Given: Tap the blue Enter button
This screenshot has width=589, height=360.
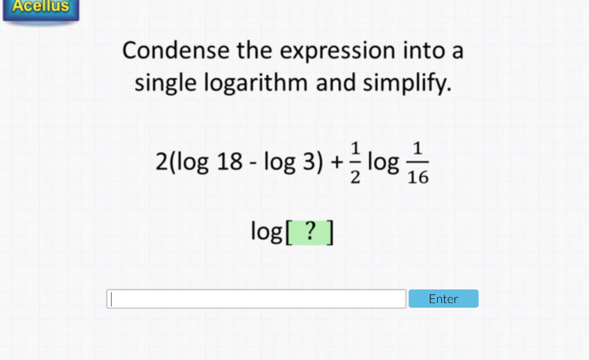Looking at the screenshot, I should pyautogui.click(x=443, y=298).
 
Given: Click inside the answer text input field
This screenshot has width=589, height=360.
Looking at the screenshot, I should pyautogui.click(x=257, y=298).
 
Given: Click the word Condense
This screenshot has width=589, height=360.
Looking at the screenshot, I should pyautogui.click(x=175, y=51).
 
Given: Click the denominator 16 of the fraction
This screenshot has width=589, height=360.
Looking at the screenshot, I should pyautogui.click(x=418, y=178).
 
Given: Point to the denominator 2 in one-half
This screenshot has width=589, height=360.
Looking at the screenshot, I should pyautogui.click(x=355, y=178).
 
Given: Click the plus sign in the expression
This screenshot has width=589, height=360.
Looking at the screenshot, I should pyautogui.click(x=335, y=163).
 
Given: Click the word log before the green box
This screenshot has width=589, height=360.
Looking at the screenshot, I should pyautogui.click(x=266, y=232).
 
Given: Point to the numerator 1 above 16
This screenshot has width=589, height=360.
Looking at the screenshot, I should pyautogui.click(x=418, y=149).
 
